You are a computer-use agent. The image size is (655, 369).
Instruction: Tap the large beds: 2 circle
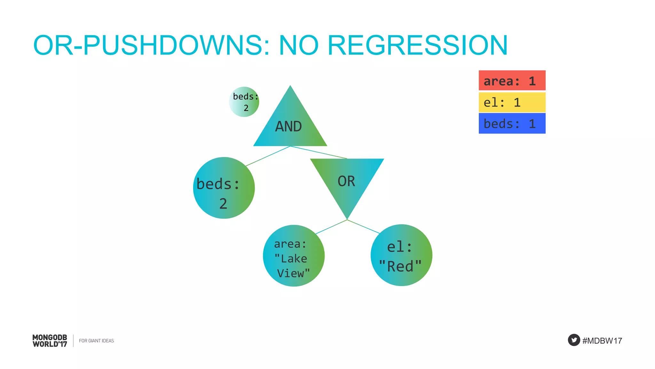[224, 188]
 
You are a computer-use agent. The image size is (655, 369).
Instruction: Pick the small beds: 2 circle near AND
[244, 102]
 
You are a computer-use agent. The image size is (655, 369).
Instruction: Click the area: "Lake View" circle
[294, 256]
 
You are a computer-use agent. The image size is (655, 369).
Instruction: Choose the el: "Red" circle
[401, 255]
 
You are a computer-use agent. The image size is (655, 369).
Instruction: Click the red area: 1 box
[512, 80]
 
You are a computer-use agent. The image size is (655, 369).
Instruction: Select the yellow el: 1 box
[512, 102]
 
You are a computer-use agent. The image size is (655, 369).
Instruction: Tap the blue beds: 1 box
[512, 123]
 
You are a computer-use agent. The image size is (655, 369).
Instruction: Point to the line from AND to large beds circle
[268, 156]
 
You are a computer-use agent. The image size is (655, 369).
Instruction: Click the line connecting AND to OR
[319, 152]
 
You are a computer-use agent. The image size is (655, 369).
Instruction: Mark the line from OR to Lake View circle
[331, 227]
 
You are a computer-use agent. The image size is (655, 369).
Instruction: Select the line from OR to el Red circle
[363, 226]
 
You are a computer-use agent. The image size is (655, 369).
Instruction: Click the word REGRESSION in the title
[417, 45]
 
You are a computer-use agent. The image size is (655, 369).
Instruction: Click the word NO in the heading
[299, 45]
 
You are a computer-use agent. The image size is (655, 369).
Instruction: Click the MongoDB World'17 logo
[50, 341]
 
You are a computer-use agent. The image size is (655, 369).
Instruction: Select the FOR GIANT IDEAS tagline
[96, 341]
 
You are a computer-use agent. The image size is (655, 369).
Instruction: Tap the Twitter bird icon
[574, 340]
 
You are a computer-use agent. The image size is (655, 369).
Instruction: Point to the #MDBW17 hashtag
[602, 341]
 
